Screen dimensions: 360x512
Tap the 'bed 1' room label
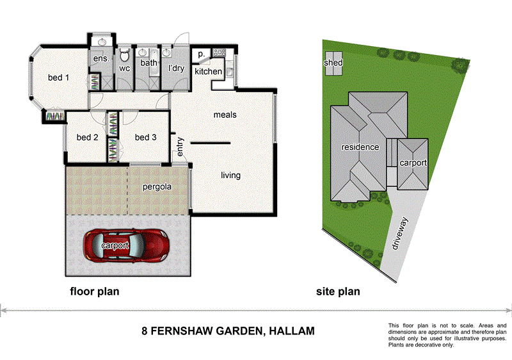[58, 78]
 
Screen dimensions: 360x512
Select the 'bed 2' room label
[87, 137]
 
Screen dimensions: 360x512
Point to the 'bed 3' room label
[145, 137]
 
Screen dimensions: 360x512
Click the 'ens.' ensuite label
[100, 59]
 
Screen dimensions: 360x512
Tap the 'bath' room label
[148, 63]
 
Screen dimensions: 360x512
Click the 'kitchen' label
[209, 72]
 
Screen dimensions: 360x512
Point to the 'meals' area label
[225, 115]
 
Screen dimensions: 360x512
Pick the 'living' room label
[230, 175]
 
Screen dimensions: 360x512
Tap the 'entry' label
[180, 146]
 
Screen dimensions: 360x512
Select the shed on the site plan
[333, 63]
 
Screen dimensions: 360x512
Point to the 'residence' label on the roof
[360, 147]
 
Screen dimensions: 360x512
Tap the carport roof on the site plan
[413, 164]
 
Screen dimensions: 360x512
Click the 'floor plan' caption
[94, 291]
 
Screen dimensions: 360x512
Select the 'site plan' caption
[338, 291]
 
